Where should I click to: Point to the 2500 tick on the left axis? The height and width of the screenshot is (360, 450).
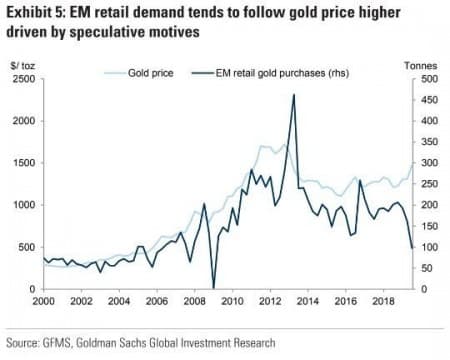(x=23, y=78)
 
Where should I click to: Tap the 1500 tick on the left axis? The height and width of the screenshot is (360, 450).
(x=23, y=162)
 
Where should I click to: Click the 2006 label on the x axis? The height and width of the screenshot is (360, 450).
(x=156, y=300)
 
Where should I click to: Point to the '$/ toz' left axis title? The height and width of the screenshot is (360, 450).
(x=21, y=64)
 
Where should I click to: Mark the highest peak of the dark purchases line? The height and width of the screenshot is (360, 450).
(x=293, y=95)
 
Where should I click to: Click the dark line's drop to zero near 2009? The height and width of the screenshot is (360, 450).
(x=213, y=287)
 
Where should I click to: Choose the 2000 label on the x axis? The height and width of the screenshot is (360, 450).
(x=44, y=300)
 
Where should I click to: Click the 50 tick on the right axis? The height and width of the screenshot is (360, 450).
(x=426, y=268)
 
